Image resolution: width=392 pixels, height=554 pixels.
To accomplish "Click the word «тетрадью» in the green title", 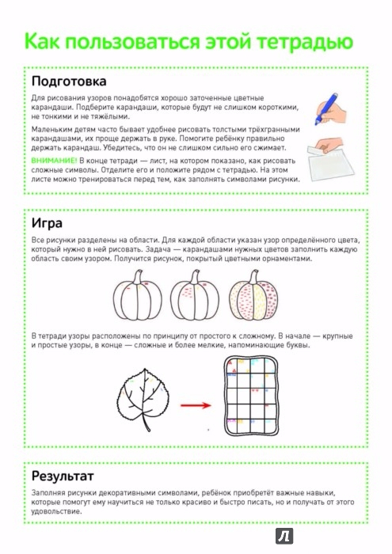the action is coord(305,41).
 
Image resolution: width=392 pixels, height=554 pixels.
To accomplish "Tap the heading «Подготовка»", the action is coord(69,82).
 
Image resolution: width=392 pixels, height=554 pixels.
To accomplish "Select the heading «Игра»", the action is coord(47,223).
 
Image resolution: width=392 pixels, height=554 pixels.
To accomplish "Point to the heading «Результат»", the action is coord(63,476).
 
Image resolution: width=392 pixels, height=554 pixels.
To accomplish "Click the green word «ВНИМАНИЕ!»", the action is coord(54,161).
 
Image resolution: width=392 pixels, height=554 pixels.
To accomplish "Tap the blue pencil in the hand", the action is coord(325,109).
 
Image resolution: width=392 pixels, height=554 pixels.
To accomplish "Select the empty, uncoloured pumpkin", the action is coord(138,296).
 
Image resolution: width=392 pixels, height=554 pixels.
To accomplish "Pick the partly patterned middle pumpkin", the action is coord(195,296).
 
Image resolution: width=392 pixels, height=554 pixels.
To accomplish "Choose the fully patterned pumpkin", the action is coord(253,296).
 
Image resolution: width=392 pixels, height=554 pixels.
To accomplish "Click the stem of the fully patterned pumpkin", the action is coord(254,277).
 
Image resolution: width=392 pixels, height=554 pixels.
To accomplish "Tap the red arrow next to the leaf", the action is coord(196,405).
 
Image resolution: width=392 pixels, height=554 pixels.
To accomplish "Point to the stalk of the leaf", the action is coord(146,422).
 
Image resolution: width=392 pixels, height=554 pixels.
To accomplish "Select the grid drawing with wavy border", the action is coord(251,396).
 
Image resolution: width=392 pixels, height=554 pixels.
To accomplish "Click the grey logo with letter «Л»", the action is coord(284,537).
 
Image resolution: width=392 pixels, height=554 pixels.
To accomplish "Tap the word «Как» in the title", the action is coord(43,41).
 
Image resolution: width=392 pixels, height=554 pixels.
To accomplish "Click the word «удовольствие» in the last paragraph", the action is coord(54,511).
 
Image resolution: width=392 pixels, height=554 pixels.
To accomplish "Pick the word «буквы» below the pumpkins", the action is coord(298,345).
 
